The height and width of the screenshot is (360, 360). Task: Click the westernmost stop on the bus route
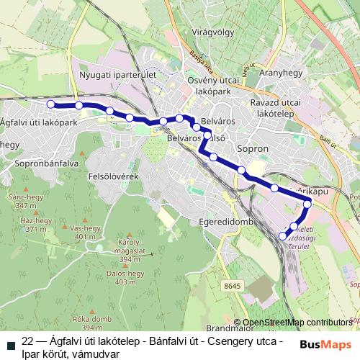(51, 104)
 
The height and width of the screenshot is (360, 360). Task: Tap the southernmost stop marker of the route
(282, 235)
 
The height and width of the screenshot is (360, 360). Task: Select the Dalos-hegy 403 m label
(125, 278)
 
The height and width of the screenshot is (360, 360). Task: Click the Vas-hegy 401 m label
(84, 232)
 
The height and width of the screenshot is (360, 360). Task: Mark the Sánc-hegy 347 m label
(22, 200)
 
